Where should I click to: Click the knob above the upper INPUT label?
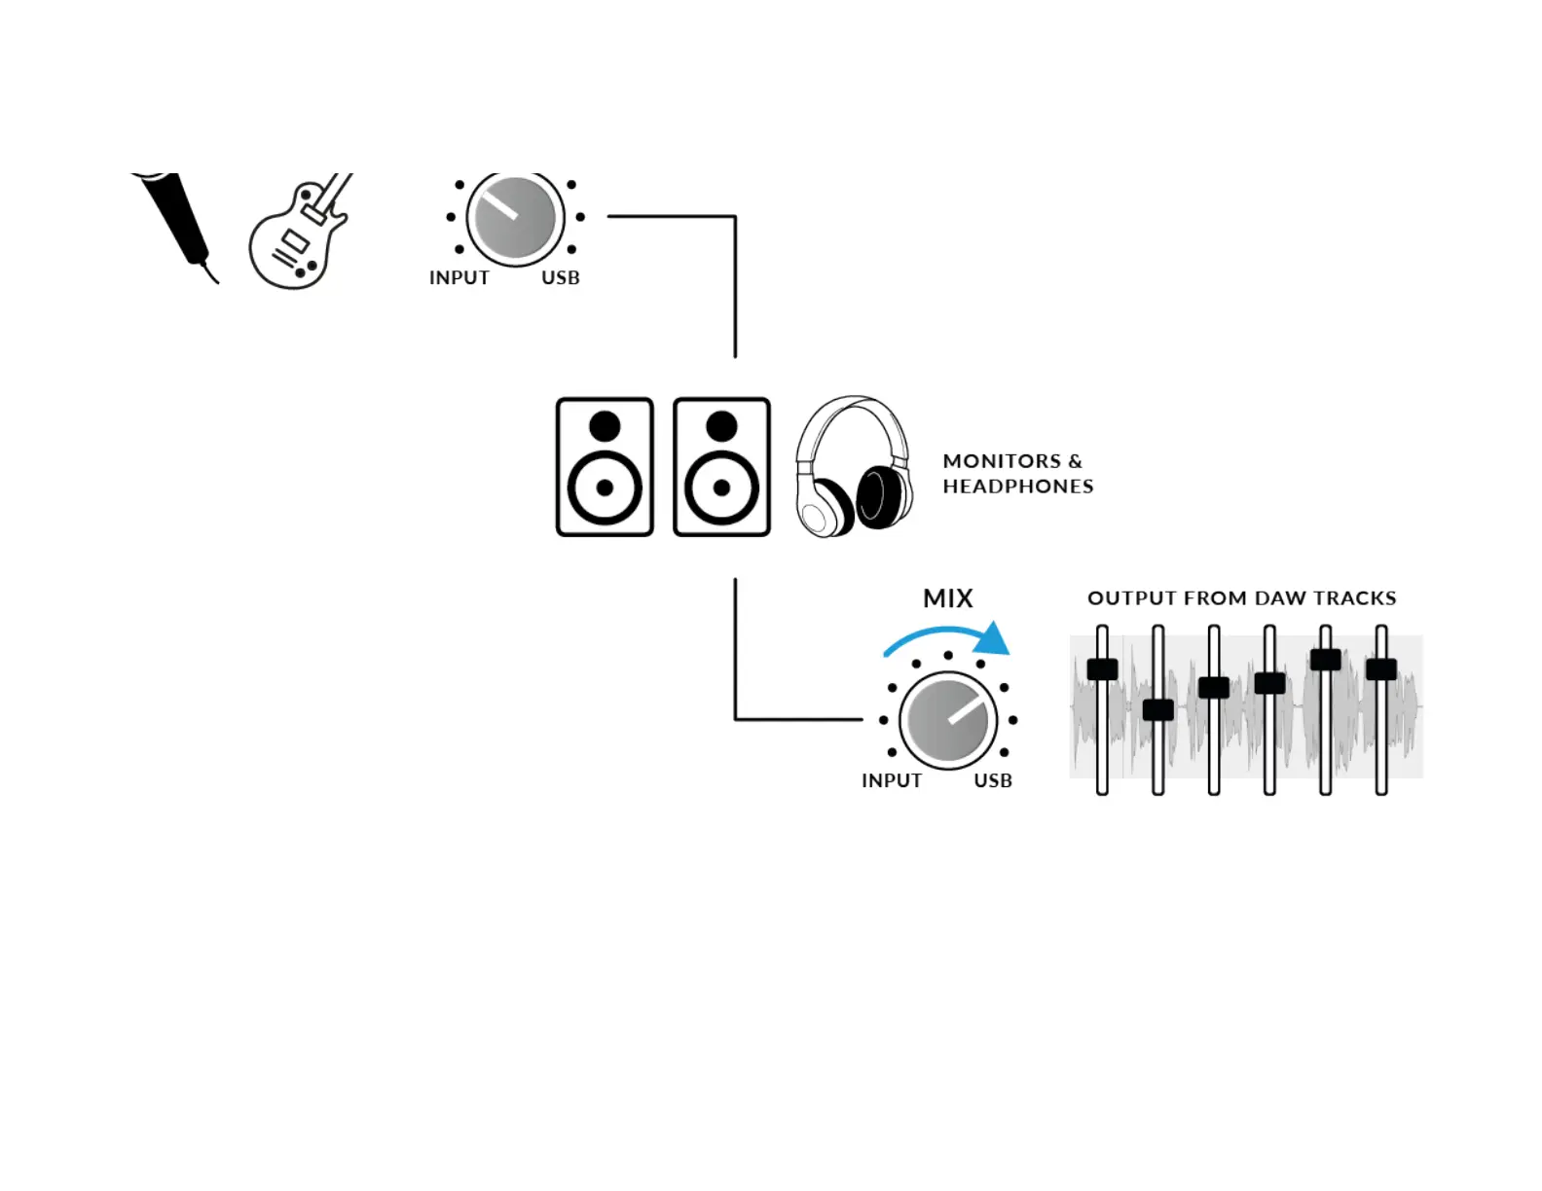(x=516, y=218)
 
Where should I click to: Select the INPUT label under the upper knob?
(x=459, y=278)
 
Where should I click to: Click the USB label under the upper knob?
(x=561, y=278)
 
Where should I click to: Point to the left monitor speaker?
(x=605, y=467)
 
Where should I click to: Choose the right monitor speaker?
(x=721, y=467)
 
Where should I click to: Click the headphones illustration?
(x=854, y=467)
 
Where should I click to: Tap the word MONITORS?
(x=1002, y=461)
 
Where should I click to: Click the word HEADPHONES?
(x=1018, y=487)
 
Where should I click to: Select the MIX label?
(x=948, y=598)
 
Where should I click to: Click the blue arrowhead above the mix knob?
(x=993, y=639)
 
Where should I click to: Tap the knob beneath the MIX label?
(x=948, y=721)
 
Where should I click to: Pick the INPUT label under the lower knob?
(x=892, y=781)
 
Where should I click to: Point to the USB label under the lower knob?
(x=993, y=781)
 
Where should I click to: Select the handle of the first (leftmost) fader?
(x=1102, y=669)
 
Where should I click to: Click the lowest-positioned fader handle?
(x=1157, y=710)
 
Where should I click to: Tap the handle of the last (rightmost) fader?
(x=1381, y=669)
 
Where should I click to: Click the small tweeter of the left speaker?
(x=605, y=426)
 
